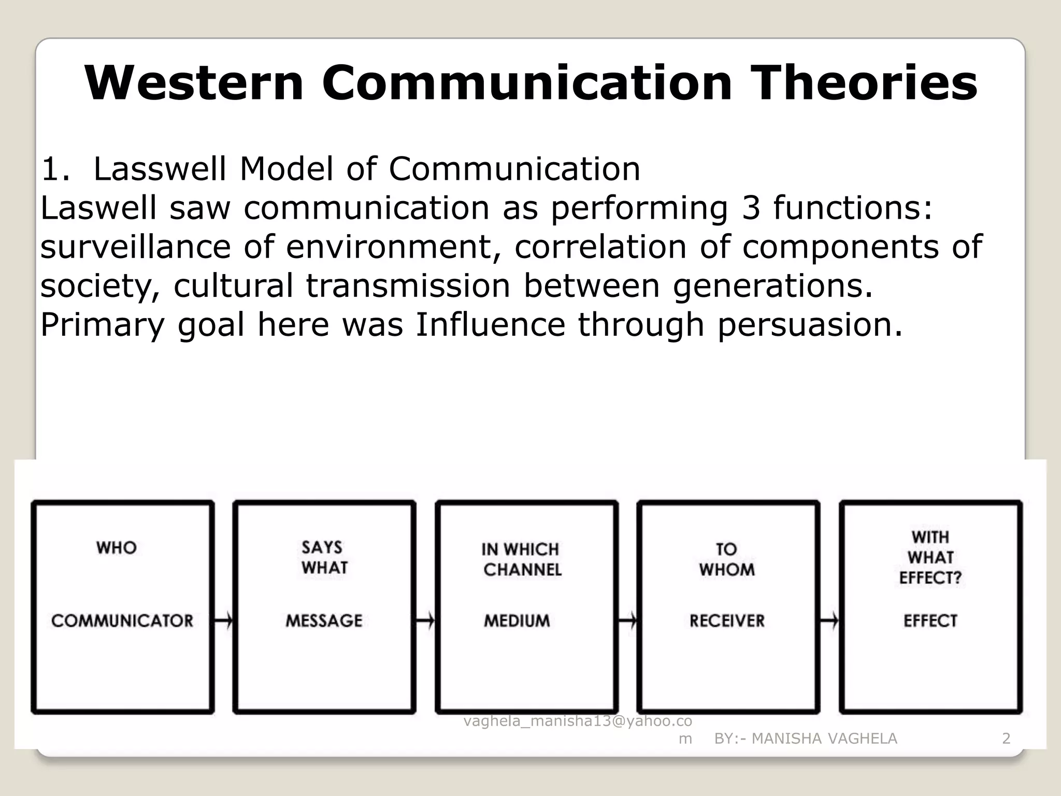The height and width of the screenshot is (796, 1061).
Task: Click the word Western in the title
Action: [x=194, y=83]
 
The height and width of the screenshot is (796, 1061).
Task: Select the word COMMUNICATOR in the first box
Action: [x=122, y=620]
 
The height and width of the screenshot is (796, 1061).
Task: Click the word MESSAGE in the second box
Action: [x=324, y=620]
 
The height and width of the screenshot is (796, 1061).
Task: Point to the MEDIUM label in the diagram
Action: [x=517, y=620]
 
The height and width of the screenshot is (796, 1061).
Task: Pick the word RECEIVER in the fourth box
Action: [x=727, y=620]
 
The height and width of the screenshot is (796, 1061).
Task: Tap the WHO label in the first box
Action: [x=117, y=548]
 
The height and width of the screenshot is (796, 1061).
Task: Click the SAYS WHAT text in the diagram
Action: [x=324, y=558]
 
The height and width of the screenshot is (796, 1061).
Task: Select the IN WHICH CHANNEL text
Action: [x=522, y=560]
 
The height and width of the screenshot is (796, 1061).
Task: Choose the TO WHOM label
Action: [x=727, y=560]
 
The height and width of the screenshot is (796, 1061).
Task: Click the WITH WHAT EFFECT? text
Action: [x=930, y=558]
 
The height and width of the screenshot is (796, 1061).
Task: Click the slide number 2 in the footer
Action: [x=1006, y=738]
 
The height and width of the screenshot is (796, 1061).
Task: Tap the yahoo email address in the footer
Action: [x=577, y=721]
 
